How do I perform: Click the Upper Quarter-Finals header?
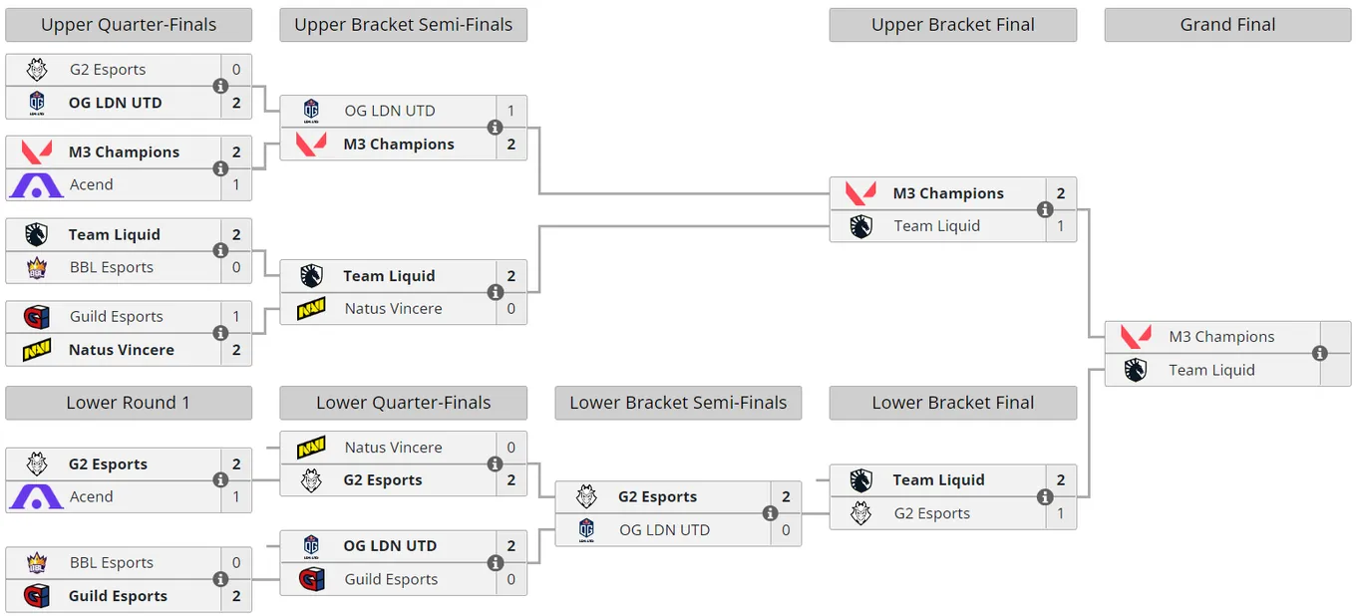coord(129,25)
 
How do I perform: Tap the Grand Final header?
coord(1227,25)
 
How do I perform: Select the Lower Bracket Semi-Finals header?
coord(678,403)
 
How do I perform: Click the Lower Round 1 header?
coord(129,403)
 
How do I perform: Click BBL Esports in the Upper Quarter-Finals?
coord(112,267)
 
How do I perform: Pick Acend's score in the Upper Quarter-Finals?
coord(236,184)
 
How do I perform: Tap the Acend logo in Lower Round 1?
coord(36,496)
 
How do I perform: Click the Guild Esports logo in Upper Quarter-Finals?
coord(36,317)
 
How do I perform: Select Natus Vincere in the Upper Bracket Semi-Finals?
coord(394,309)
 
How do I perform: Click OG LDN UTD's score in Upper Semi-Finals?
coord(510,111)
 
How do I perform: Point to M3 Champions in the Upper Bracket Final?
coord(948,193)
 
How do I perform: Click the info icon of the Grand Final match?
coord(1320,354)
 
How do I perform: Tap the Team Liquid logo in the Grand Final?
coord(1136,371)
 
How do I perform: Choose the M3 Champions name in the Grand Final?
coord(1221,337)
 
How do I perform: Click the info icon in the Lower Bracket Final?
coord(1045,496)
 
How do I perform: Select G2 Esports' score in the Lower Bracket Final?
coord(1061,513)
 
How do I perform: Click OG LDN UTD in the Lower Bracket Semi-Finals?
coord(664,530)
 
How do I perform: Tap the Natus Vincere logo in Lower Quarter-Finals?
coord(311,448)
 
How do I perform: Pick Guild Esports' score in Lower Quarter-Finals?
coord(510,580)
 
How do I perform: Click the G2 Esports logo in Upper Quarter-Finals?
coord(37,70)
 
